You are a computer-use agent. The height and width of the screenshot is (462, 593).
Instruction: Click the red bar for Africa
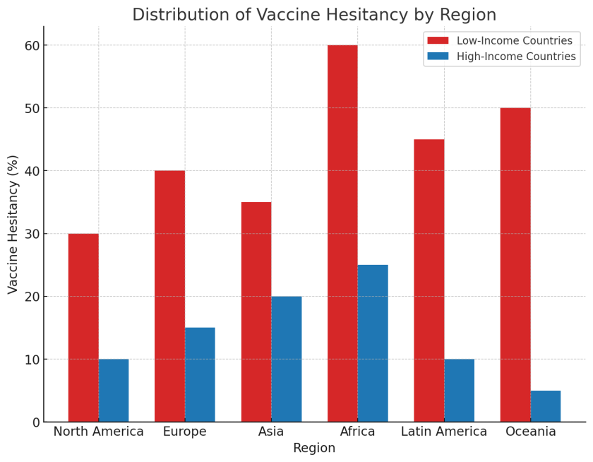pyautogui.click(x=342, y=233)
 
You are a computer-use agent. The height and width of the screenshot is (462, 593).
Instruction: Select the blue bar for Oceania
pyautogui.click(x=546, y=406)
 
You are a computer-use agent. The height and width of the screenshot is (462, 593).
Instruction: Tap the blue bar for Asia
pyautogui.click(x=287, y=359)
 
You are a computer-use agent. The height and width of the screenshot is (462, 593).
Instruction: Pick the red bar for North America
pyautogui.click(x=83, y=328)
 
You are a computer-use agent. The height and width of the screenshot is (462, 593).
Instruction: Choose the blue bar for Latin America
pyautogui.click(x=459, y=391)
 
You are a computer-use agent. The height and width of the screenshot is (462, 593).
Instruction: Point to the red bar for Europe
pyautogui.click(x=170, y=296)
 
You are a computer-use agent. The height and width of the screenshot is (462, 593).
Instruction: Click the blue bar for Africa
pyautogui.click(x=373, y=343)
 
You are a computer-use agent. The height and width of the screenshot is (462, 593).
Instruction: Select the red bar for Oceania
pyautogui.click(x=515, y=265)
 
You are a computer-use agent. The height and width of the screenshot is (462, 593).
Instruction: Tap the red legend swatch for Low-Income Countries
pyautogui.click(x=438, y=40)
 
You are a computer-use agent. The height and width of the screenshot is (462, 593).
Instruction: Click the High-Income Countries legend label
pyautogui.click(x=516, y=57)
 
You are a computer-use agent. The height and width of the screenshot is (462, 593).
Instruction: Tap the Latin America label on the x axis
pyautogui.click(x=444, y=432)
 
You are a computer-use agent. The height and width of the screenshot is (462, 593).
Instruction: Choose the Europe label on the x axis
pyautogui.click(x=185, y=432)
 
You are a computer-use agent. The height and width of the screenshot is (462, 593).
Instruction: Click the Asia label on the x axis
pyautogui.click(x=271, y=432)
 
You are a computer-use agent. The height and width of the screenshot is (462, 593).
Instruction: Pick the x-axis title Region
pyautogui.click(x=314, y=448)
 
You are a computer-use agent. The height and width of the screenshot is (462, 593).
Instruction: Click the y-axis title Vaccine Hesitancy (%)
pyautogui.click(x=13, y=225)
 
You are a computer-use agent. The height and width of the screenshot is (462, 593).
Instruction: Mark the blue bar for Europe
pyautogui.click(x=200, y=375)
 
